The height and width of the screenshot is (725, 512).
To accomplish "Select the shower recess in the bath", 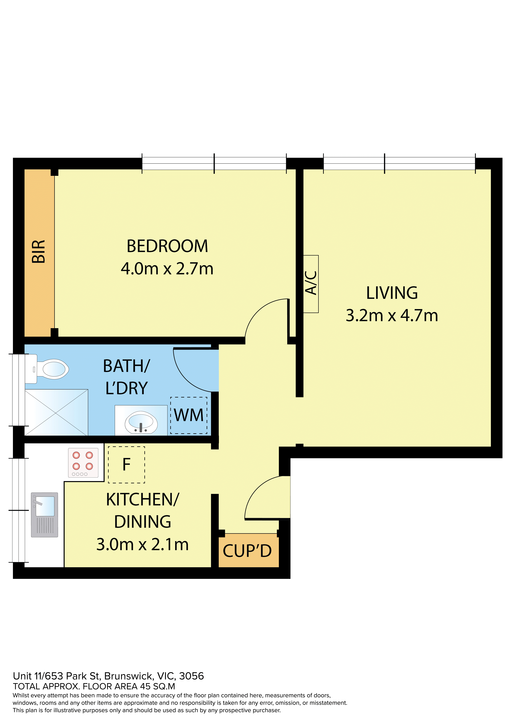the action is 56,412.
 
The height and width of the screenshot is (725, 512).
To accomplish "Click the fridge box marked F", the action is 127,464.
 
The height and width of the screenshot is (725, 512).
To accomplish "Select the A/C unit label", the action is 311,283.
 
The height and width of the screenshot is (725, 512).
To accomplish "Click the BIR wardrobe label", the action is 39,252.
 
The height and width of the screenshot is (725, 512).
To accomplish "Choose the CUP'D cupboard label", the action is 247,551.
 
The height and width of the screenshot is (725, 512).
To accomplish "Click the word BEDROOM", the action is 167,246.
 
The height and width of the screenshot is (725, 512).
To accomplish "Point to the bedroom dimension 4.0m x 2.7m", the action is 167,269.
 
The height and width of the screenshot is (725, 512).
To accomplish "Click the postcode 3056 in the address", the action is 191,676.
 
